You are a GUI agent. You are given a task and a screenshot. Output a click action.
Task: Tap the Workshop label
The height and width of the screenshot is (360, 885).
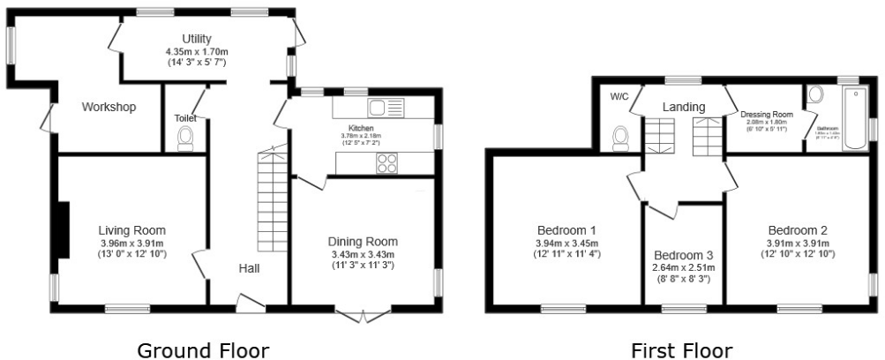coord(109,108)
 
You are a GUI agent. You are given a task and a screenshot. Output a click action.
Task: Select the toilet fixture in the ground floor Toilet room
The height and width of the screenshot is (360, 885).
coord(185,139)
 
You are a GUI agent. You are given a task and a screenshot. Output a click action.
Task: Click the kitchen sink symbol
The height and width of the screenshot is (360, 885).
coord(385,109)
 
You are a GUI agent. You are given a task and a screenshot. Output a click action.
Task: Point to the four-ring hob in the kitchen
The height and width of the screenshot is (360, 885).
coord(387,162)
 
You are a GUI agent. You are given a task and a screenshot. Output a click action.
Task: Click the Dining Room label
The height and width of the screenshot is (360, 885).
coord(363,241)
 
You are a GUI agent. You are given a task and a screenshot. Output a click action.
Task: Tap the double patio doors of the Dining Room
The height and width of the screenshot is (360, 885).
coord(363,315)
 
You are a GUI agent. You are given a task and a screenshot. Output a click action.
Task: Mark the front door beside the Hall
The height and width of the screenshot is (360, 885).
coord(250,304)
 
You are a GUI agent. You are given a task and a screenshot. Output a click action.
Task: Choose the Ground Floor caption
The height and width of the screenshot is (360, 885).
coord(202,350)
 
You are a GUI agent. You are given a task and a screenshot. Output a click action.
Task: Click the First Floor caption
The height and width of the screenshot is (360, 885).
coord(681,350)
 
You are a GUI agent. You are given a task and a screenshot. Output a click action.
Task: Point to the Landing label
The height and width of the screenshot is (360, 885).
coord(684,107)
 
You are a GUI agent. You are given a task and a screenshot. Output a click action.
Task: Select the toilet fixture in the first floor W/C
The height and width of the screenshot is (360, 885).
coord(621,138)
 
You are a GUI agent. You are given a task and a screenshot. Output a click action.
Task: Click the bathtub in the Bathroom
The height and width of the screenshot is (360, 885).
coord(854,119)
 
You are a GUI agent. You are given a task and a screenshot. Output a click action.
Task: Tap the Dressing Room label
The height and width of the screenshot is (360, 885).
coord(766,115)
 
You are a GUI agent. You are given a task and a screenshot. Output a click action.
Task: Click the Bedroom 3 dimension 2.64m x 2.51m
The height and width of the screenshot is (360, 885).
coord(683,267)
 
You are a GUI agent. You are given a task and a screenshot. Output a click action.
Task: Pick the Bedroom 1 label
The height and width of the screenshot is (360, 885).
coord(566,232)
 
